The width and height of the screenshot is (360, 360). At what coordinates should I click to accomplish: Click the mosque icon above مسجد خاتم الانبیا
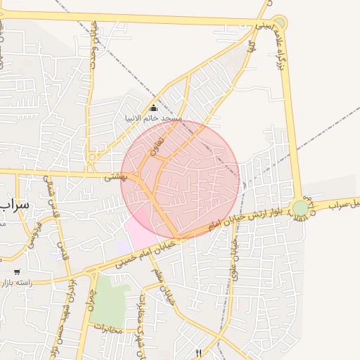[153, 108]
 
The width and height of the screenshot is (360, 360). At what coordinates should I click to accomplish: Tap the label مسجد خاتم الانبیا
[153, 118]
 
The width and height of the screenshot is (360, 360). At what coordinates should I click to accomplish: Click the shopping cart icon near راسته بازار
[17, 271]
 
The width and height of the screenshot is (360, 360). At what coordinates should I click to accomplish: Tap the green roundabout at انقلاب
[300, 207]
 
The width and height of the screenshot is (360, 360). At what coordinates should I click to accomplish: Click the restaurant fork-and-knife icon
[198, 354]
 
